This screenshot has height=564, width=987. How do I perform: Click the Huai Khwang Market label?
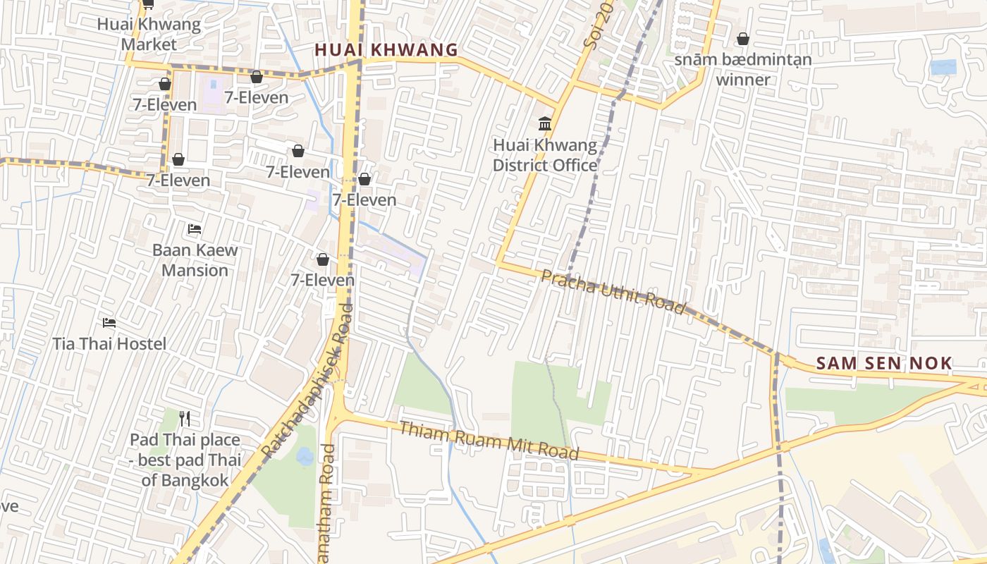tap(149, 34)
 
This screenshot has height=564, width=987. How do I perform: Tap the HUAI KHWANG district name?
tap(386, 50)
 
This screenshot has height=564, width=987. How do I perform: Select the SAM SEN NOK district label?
tap(884, 364)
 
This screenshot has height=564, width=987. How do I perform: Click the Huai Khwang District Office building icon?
tap(545, 124)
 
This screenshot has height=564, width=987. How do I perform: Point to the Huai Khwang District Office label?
tap(544, 155)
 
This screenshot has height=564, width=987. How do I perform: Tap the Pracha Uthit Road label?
tap(613, 291)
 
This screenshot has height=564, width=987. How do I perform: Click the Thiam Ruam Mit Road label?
tap(489, 441)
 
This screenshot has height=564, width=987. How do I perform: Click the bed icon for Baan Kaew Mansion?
tap(195, 229)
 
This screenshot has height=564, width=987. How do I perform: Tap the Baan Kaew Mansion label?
tap(195, 259)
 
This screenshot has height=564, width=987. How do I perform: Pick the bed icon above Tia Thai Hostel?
tap(109, 323)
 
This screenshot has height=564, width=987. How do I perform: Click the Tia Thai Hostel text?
tap(109, 344)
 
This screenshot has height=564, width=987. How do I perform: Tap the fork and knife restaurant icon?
tap(185, 419)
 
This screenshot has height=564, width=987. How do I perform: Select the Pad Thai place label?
tap(185, 460)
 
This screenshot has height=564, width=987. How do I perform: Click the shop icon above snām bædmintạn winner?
tap(743, 39)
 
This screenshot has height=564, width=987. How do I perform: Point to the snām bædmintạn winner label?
tap(743, 69)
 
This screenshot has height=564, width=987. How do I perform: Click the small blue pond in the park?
tap(305, 457)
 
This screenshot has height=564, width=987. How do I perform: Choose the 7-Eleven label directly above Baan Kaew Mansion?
tap(178, 180)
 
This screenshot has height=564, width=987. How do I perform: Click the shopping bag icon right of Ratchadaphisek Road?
tap(364, 179)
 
